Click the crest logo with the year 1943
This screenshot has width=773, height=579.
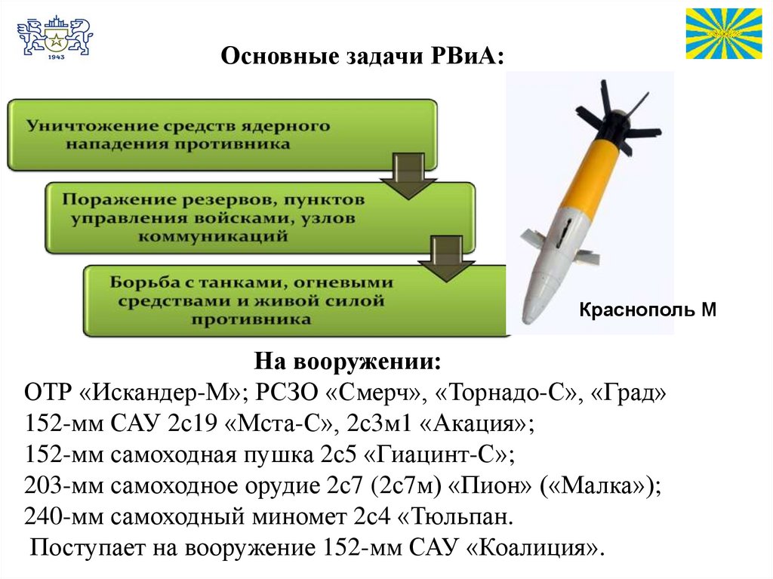coord(54,38)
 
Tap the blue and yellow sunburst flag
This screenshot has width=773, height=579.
coord(723,33)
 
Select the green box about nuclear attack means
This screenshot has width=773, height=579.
coord(222,134)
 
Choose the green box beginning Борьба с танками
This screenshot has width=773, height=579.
coord(294,300)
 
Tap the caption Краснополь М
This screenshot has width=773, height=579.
coord(647,310)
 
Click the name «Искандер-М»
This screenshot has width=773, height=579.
coord(159,393)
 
